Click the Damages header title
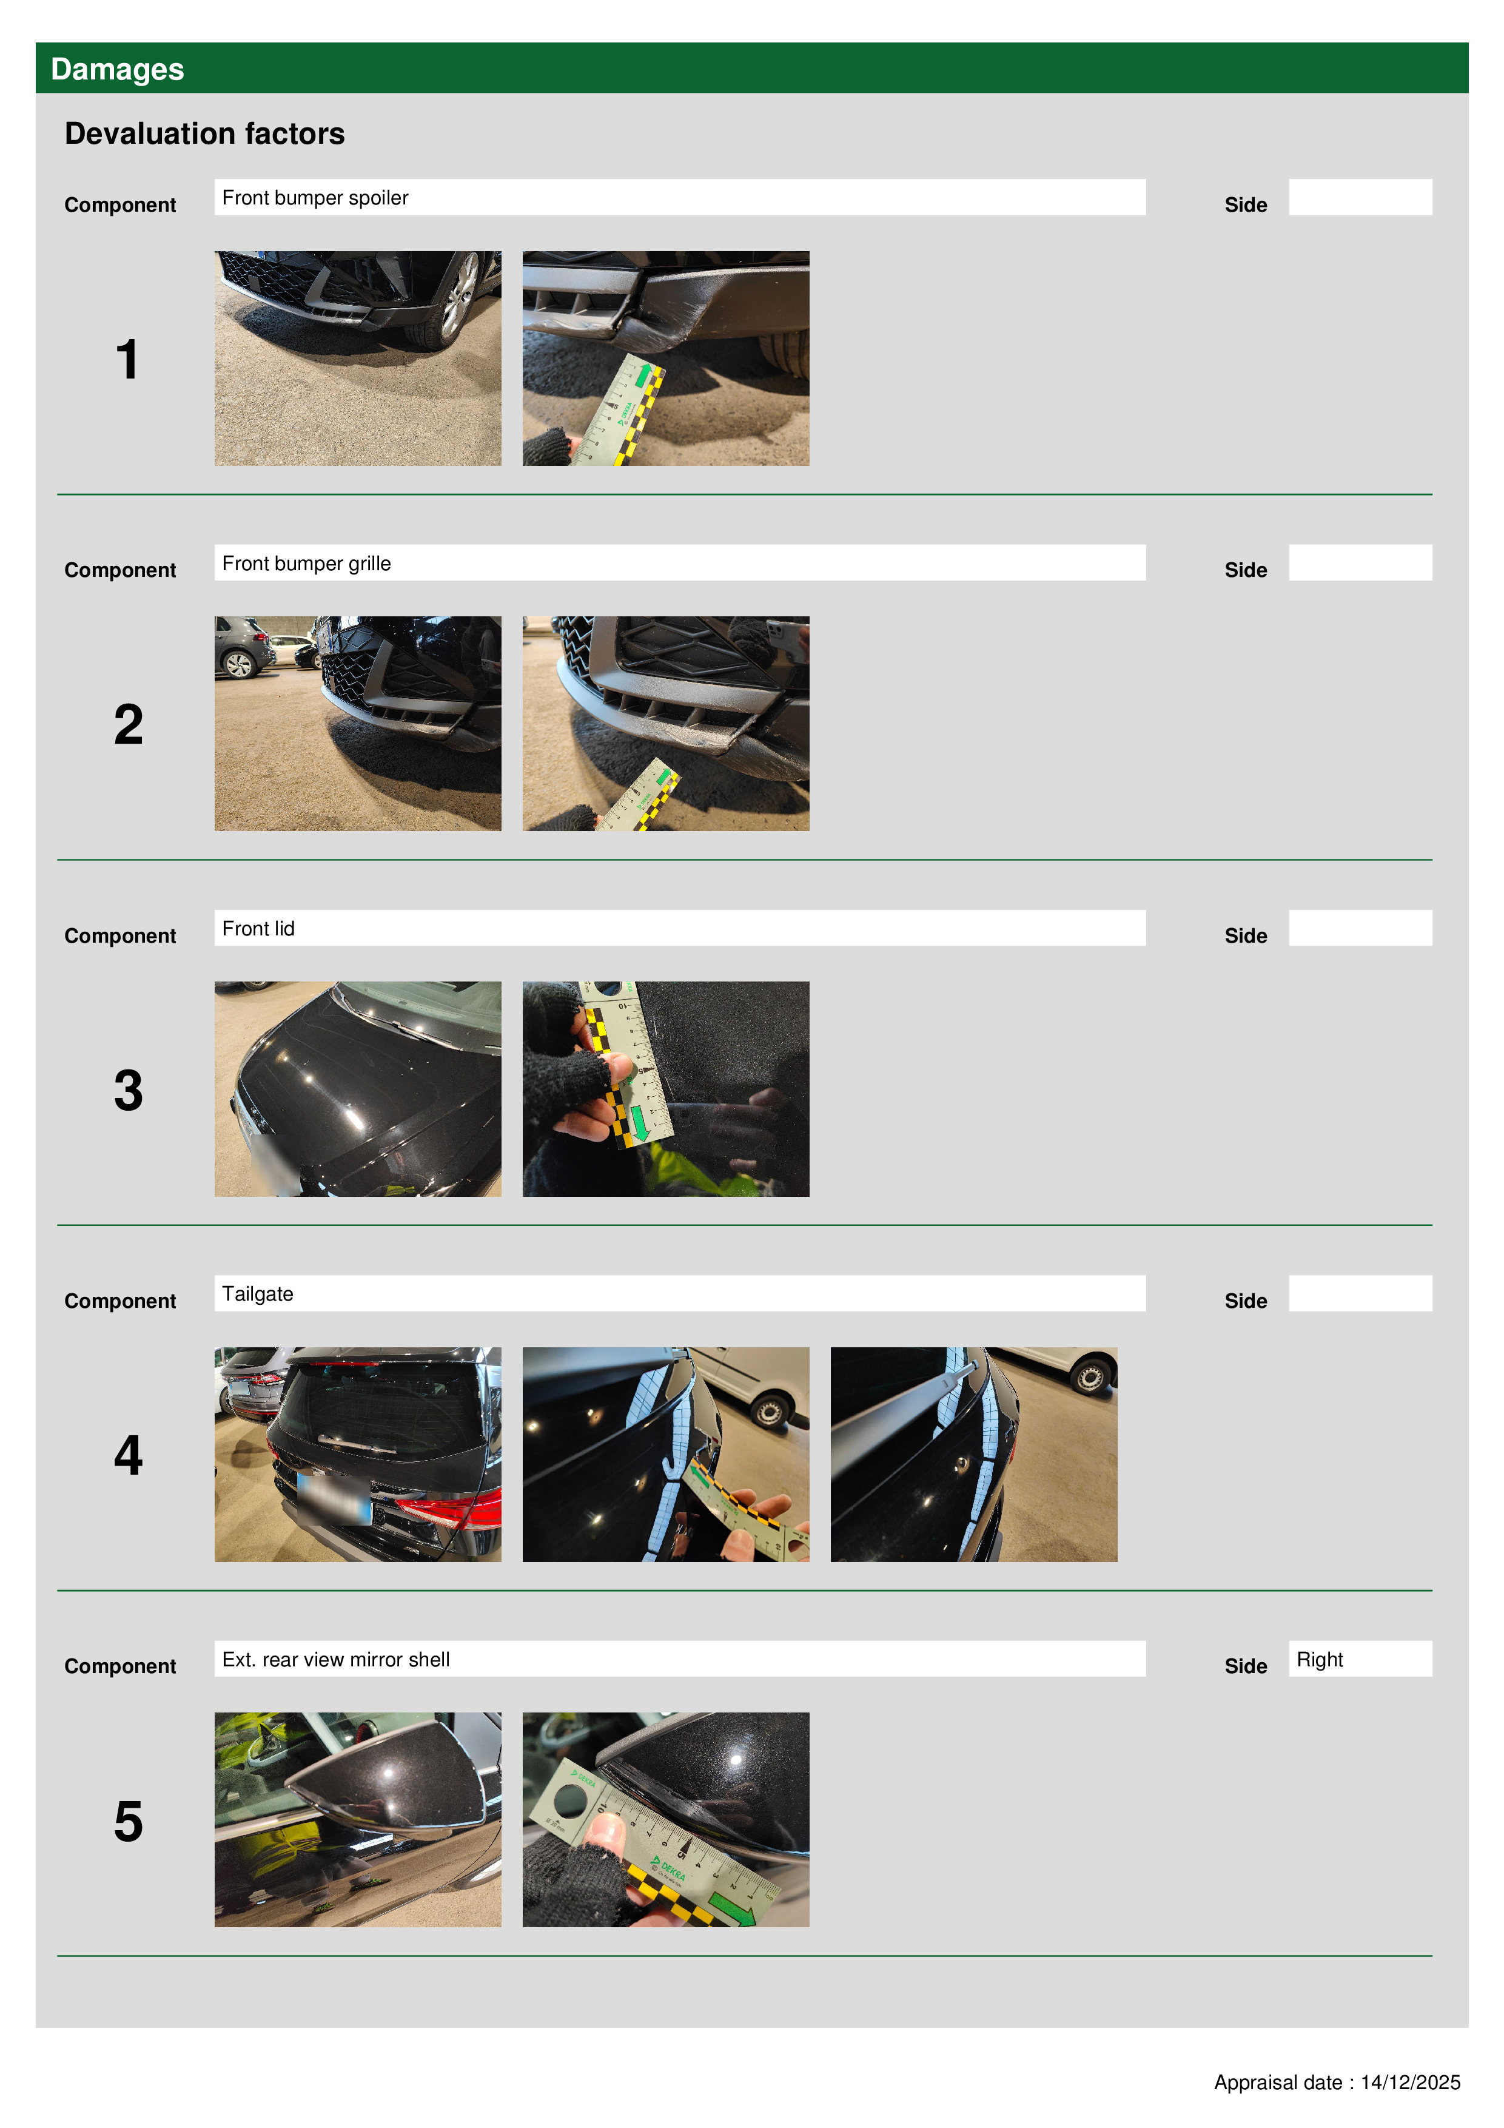117,70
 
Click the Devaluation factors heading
205,133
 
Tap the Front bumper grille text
307,564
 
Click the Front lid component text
258,929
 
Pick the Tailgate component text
258,1294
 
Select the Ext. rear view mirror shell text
337,1659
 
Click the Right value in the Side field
1320,1659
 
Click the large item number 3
128,1090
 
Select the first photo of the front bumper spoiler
358,359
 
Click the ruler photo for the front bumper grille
665,724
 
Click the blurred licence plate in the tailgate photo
334,1499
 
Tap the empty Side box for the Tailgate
1360,1293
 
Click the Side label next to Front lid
1246,936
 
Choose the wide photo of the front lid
358,1089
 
